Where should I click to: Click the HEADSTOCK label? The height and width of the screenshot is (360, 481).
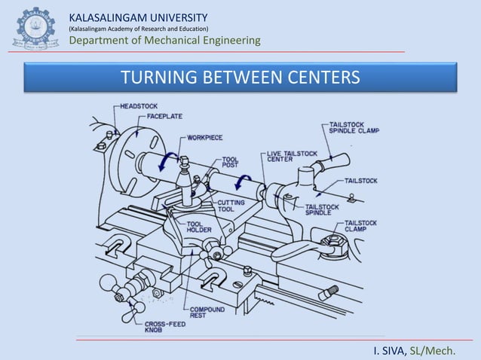(x=139, y=106)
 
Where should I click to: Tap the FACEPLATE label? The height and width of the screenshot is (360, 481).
(x=164, y=117)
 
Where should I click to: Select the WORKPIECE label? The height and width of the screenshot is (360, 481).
(x=204, y=138)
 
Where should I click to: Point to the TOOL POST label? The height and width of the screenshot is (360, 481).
(x=230, y=163)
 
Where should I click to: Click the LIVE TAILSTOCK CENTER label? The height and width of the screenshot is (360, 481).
(x=292, y=157)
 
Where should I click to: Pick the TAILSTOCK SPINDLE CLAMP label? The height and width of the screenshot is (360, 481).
(x=354, y=128)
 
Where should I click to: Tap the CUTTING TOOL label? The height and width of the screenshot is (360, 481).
(x=231, y=206)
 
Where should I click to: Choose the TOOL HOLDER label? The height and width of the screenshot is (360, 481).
(x=199, y=227)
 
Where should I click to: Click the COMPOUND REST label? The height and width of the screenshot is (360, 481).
(x=207, y=313)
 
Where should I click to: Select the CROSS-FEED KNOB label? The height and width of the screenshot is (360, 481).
(x=165, y=327)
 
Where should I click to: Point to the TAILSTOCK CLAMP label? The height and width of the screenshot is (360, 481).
(x=360, y=226)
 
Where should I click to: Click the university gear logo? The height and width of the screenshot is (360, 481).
(x=36, y=29)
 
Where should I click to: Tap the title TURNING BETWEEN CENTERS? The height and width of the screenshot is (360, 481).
(x=240, y=77)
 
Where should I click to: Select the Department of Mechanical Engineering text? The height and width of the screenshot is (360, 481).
(x=164, y=40)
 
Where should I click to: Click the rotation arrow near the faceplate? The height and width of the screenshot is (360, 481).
(x=167, y=161)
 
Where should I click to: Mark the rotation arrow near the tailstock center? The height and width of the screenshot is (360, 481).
(x=242, y=182)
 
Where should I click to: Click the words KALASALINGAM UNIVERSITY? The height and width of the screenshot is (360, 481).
(x=139, y=18)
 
